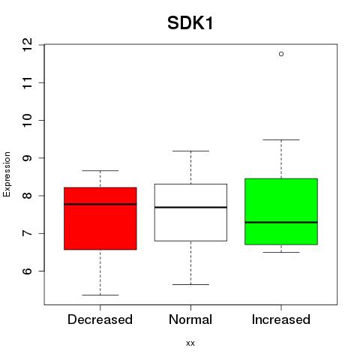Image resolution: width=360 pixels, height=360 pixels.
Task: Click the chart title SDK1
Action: click(x=190, y=23)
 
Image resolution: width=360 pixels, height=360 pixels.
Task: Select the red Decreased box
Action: click(x=100, y=218)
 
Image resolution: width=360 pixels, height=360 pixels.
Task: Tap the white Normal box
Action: click(x=190, y=212)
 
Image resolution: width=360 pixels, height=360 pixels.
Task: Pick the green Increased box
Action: click(x=281, y=211)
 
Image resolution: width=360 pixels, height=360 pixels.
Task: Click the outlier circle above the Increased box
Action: click(x=281, y=54)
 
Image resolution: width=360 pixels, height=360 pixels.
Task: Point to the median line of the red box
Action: click(x=100, y=204)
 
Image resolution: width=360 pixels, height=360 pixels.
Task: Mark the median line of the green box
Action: click(x=281, y=222)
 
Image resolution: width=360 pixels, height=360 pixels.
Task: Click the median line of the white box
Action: click(x=190, y=207)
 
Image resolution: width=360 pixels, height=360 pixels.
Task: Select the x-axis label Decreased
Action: click(x=100, y=319)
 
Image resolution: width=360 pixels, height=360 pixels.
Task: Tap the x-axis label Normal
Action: click(x=190, y=319)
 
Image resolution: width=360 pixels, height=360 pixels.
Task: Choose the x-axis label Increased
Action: click(x=281, y=319)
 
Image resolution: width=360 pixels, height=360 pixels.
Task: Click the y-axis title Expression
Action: click(x=7, y=174)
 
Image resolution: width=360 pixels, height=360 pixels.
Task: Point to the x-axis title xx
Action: click(x=190, y=343)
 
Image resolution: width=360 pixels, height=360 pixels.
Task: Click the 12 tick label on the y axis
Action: click(x=28, y=45)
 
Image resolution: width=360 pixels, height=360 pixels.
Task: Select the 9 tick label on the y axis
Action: click(x=28, y=158)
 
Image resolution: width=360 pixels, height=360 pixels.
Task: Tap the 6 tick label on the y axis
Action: click(x=28, y=271)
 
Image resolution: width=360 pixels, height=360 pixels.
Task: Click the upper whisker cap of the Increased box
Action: click(x=281, y=139)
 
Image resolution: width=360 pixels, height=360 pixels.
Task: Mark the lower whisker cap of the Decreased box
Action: click(x=100, y=295)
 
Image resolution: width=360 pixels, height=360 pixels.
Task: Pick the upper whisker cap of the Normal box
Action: click(x=190, y=151)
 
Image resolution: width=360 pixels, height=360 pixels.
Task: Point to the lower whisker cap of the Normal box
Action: click(x=190, y=284)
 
